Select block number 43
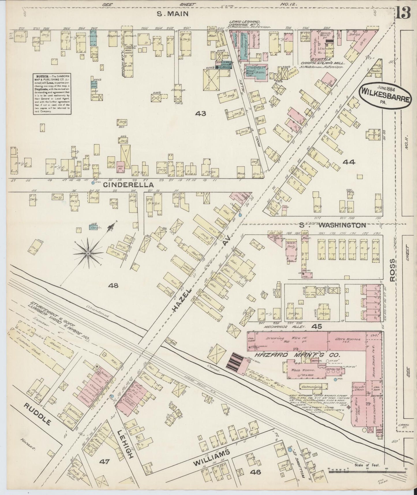click(200, 113)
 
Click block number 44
click(348, 162)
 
